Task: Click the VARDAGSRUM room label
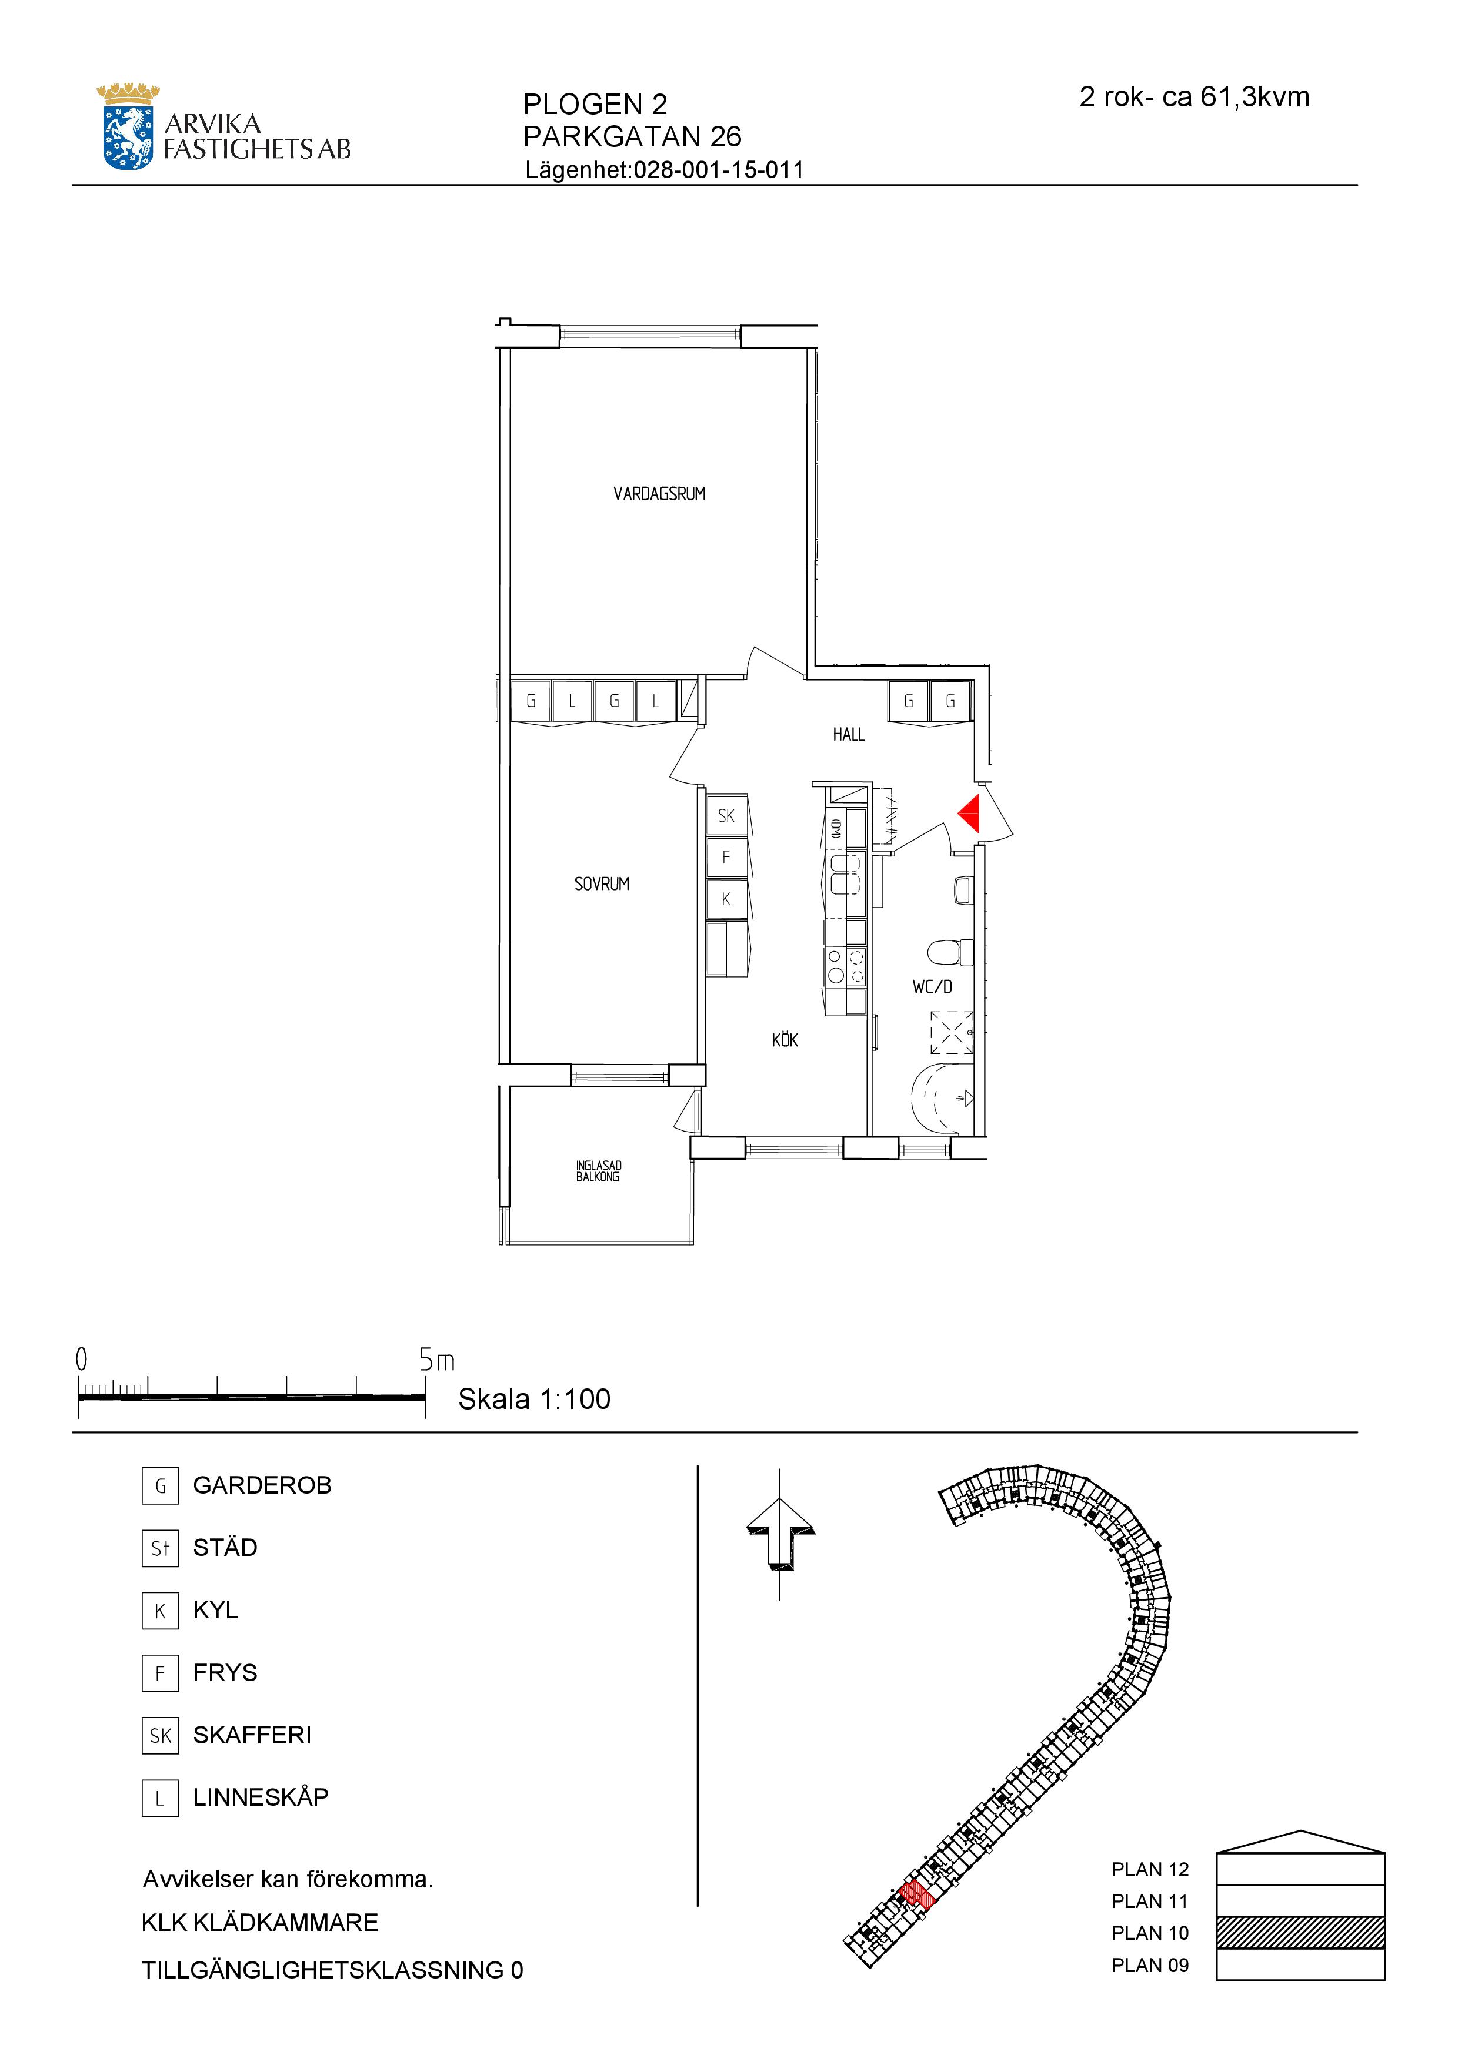[659, 494]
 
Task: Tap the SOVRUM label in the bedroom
[602, 883]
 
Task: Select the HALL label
[849, 735]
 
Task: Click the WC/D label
[932, 987]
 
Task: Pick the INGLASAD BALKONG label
[598, 1171]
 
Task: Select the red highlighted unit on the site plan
[917, 1893]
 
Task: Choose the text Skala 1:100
[535, 1399]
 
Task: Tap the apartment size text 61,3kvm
[1255, 97]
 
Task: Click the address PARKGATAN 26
[632, 136]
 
